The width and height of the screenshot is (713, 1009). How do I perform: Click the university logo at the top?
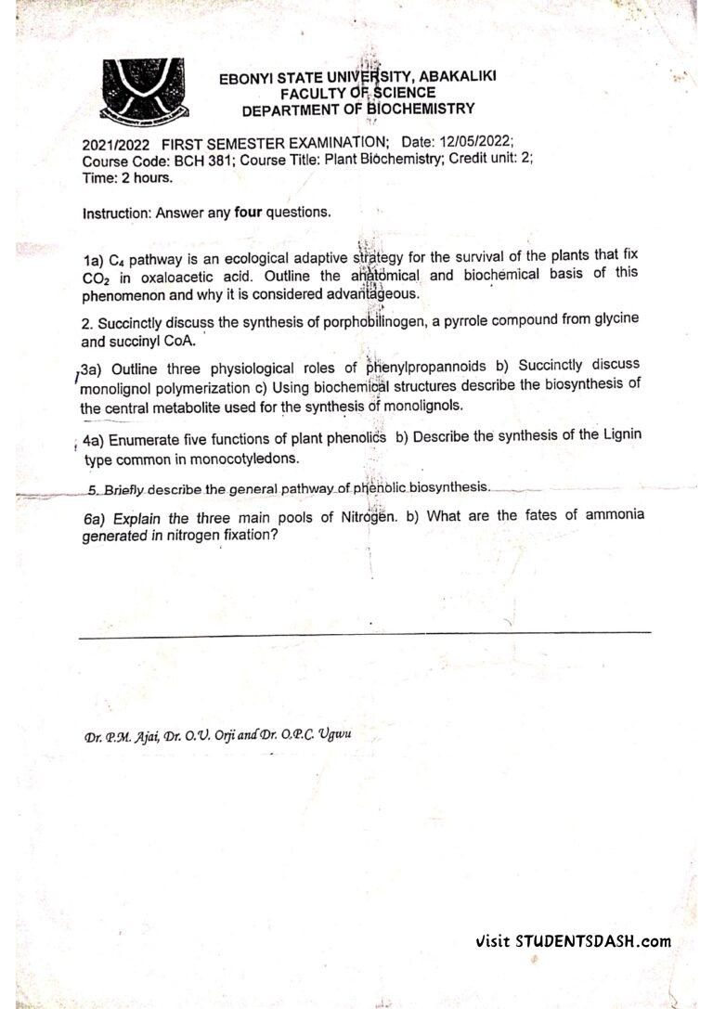(x=143, y=89)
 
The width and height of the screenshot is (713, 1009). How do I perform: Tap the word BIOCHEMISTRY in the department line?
(x=421, y=109)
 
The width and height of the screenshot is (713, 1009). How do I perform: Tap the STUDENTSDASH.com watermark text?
(x=591, y=940)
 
